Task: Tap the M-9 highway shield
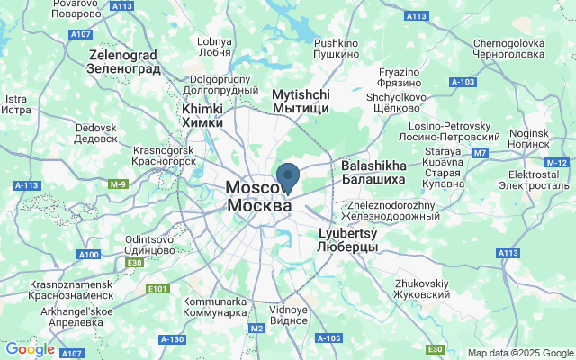[119, 184]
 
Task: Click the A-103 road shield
[462, 82]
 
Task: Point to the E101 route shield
[157, 289]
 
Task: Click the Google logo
[30, 349]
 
